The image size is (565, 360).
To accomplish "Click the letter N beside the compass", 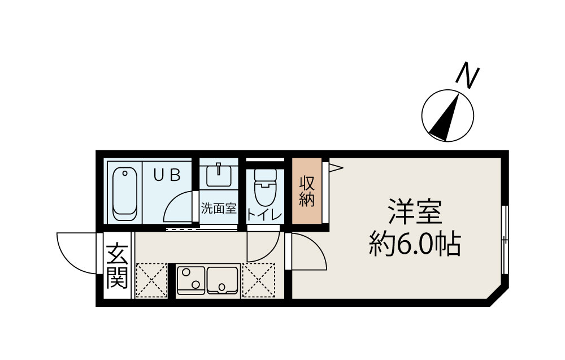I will coord(468,77).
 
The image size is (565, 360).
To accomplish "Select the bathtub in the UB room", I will coord(125,194).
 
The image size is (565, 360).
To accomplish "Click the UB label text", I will coord(168,175).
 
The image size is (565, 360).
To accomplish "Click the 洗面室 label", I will coord(218,209).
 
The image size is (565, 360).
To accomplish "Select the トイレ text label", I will coord(264,214).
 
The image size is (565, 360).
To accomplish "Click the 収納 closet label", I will coord(307,192).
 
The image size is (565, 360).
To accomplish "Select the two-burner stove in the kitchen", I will coord(191,280).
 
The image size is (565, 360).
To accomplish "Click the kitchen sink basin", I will coord(223,279).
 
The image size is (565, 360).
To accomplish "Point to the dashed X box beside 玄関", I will coord(151,280).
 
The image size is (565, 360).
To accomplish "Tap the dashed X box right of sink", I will coord(258,280).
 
